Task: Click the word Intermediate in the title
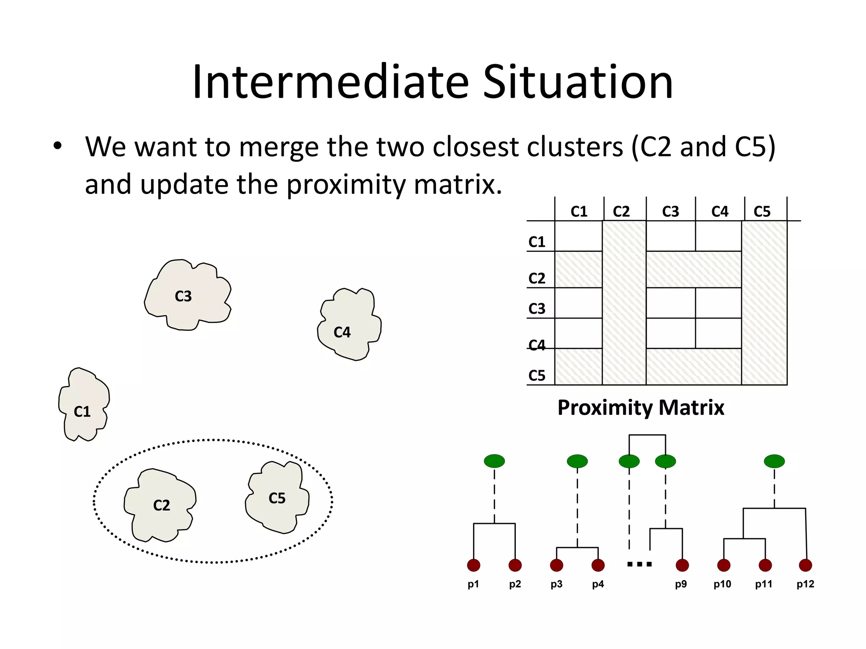[330, 82]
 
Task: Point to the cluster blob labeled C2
[160, 505]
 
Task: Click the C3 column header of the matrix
[670, 211]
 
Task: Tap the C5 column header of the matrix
[762, 211]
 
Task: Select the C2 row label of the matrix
[537, 278]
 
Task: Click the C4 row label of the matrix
[537, 345]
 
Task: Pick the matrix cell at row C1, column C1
[578, 236]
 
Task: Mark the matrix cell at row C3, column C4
[718, 303]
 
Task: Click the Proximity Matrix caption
[641, 408]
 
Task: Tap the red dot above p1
[474, 565]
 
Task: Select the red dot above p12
[805, 565]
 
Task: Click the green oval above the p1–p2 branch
[494, 461]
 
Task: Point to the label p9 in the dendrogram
[681, 584]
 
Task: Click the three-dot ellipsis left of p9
[639, 564]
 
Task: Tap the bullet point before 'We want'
[58, 146]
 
